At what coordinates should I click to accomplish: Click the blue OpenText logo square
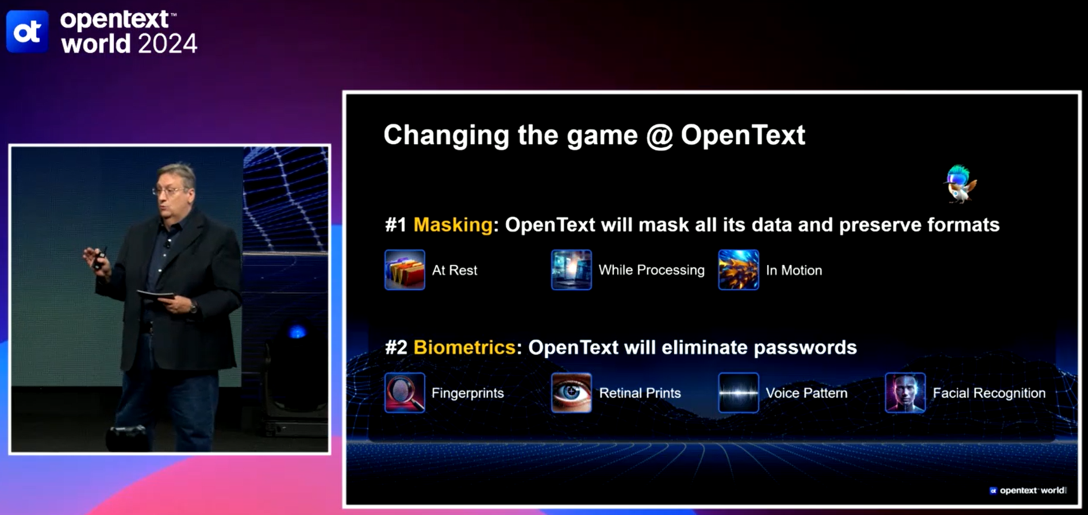point(27,31)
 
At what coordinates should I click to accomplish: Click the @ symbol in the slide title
point(659,136)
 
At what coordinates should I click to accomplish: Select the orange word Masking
point(453,225)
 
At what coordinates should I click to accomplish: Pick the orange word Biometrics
point(464,347)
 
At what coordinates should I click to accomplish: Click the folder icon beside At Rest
point(405,270)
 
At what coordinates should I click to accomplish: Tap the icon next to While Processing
point(571,270)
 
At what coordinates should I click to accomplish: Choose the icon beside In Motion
point(739,270)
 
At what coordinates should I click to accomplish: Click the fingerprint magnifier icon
point(405,393)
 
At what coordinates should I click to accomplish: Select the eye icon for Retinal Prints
point(571,393)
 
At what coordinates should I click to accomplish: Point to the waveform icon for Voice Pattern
point(739,393)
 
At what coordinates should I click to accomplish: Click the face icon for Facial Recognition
point(905,393)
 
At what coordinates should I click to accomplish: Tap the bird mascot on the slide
point(960,184)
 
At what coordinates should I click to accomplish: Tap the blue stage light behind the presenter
point(297,332)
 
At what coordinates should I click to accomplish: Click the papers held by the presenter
point(155,295)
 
